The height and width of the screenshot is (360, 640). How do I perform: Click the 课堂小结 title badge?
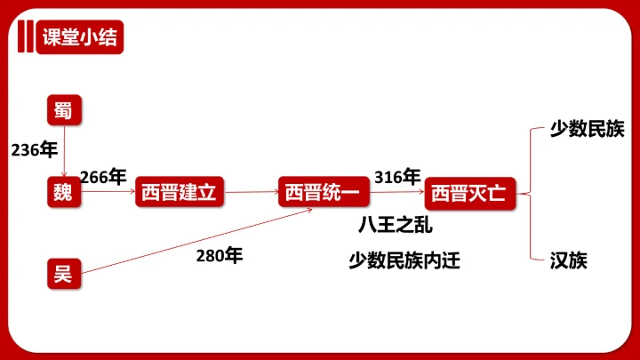(x=80, y=37)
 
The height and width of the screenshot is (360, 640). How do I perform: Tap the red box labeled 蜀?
(x=64, y=110)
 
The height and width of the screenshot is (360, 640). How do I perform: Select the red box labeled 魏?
(x=64, y=192)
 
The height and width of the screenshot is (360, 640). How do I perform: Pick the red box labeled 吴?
(x=64, y=274)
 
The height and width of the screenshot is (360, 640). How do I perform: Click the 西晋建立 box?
(x=180, y=192)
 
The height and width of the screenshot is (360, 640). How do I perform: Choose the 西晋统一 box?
(x=324, y=192)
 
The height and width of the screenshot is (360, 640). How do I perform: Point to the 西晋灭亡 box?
(x=470, y=194)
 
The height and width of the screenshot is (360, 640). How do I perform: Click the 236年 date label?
(x=35, y=150)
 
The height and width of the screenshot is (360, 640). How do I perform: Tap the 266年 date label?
(x=103, y=177)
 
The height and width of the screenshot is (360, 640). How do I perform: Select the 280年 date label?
(x=220, y=255)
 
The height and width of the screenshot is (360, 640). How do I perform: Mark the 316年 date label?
(x=397, y=177)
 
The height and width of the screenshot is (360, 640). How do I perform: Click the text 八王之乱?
(x=395, y=225)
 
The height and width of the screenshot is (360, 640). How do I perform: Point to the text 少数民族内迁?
(x=404, y=260)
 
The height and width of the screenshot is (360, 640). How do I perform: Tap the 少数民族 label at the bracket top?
(x=587, y=129)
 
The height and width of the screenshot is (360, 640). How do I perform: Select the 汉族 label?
(x=569, y=260)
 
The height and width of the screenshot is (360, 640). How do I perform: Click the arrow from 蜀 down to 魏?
(x=64, y=151)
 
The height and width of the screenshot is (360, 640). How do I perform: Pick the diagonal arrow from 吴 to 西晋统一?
(x=196, y=241)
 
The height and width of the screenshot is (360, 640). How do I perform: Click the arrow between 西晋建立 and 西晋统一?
(x=252, y=192)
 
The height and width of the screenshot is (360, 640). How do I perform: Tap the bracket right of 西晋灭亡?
(x=531, y=194)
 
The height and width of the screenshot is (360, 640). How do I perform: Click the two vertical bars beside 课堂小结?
(x=25, y=36)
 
